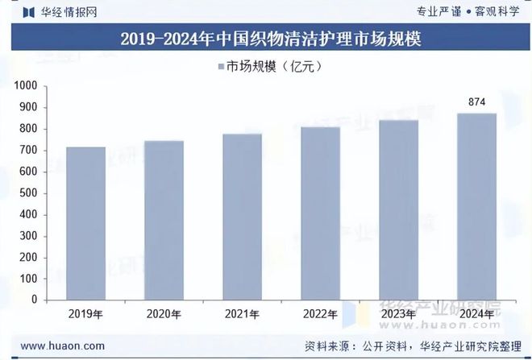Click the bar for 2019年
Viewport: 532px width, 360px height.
coord(85,223)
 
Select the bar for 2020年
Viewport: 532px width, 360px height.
coord(164,220)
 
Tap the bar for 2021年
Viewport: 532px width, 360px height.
coord(242,217)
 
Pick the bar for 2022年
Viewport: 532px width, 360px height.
coord(320,213)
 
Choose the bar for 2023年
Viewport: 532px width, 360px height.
coord(398,210)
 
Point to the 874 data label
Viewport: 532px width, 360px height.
coord(476,102)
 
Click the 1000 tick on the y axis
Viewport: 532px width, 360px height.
coord(26,85)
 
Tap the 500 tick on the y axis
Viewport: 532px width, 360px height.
coord(29,192)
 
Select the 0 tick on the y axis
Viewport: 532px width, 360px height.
coord(35,300)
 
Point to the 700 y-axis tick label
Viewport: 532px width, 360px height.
coord(29,150)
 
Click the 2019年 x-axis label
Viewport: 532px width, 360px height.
coord(85,314)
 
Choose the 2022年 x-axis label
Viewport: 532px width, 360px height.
coord(320,314)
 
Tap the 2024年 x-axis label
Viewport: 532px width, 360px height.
coord(476,314)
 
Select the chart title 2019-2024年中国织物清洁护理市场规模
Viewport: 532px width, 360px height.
coord(265,39)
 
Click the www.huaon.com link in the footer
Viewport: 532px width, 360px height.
coord(61,346)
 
